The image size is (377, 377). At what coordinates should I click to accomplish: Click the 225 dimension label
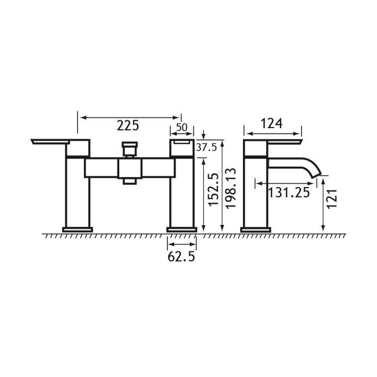[128, 126]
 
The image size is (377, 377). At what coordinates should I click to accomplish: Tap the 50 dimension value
[182, 128]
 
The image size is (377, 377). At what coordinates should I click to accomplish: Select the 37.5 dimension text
[207, 147]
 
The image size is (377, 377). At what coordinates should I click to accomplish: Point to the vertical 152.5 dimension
[214, 189]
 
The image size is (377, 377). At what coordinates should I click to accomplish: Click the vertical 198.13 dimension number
[231, 188]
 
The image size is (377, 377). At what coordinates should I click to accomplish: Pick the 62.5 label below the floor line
[181, 257]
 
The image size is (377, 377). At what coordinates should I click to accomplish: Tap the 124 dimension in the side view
[271, 124]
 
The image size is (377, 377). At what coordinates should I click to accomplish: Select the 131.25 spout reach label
[289, 192]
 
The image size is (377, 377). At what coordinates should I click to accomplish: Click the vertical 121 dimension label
[332, 199]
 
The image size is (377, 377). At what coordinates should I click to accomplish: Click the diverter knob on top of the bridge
[130, 149]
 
